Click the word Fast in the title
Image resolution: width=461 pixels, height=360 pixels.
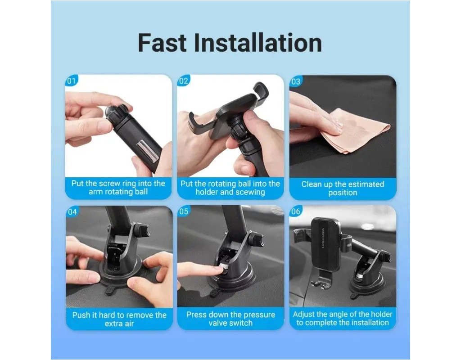pos(162,43)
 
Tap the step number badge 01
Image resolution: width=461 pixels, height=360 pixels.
pos(72,81)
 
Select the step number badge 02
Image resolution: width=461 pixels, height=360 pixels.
pos(184,81)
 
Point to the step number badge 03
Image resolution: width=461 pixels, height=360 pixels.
pos(296,81)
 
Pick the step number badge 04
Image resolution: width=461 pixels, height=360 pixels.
pos(72,211)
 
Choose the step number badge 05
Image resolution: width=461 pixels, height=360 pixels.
pos(184,211)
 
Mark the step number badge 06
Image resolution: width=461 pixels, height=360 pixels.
pos(296,211)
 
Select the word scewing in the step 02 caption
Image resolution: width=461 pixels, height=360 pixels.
pos(250,192)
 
